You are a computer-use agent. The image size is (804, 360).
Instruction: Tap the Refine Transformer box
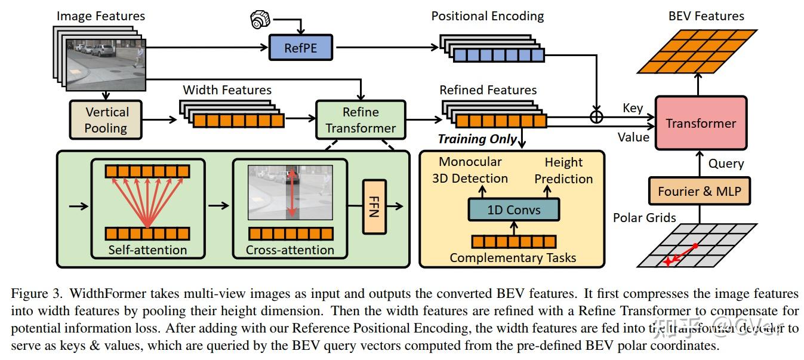point(361,120)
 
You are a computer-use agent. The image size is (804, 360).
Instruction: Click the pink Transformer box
point(701,124)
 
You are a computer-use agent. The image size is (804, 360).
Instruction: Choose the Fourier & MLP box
point(699,192)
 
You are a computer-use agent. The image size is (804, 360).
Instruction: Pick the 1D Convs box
point(514,210)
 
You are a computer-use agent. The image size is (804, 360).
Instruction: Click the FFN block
point(372,207)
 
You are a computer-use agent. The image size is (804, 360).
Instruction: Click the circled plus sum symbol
point(596,117)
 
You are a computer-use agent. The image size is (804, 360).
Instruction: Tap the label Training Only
point(477,139)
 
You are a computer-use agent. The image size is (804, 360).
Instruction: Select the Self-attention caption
point(147,250)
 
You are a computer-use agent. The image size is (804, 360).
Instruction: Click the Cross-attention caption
point(290,250)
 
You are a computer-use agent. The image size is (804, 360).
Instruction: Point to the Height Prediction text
point(563,171)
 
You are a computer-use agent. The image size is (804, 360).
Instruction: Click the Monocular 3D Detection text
point(470,170)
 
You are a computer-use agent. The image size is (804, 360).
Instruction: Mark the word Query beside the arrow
point(726,163)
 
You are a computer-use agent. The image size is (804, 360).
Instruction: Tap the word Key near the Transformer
point(633,108)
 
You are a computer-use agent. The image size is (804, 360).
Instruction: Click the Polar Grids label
point(645,217)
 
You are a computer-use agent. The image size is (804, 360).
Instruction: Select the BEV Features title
point(706,16)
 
